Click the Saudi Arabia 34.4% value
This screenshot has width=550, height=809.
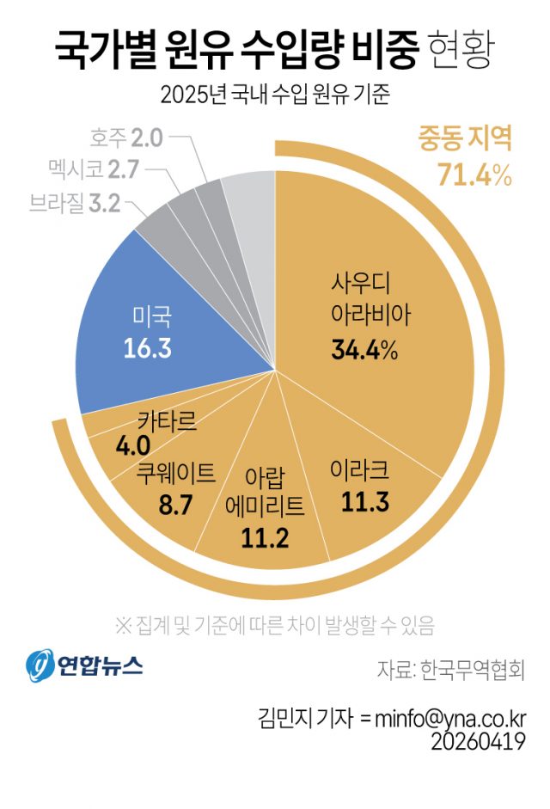tap(364, 350)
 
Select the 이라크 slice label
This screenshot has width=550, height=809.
tap(360, 470)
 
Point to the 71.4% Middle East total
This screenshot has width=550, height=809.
tap(474, 175)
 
